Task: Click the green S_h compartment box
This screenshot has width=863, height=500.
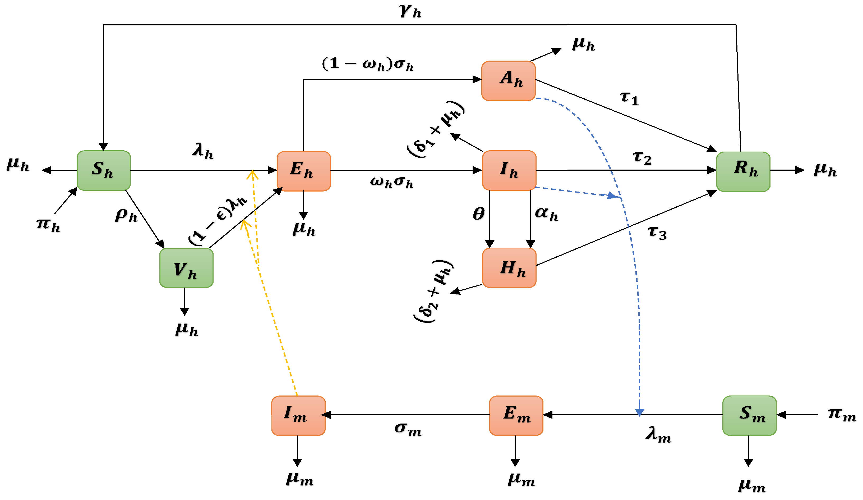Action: click(103, 170)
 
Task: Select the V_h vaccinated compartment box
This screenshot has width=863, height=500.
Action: click(186, 268)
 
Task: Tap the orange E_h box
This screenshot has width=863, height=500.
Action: click(303, 171)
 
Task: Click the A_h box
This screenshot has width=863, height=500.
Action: click(508, 81)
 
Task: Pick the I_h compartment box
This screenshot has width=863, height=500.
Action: click(509, 170)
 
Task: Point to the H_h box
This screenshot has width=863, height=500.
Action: click(509, 268)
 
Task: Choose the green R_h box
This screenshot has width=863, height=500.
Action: click(743, 171)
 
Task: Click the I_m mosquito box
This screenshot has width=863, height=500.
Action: click(298, 416)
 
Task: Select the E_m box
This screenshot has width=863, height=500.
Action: click(516, 416)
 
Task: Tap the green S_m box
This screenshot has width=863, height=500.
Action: click(749, 416)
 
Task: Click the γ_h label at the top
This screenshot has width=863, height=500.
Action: click(410, 12)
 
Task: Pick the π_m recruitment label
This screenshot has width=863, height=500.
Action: click(841, 414)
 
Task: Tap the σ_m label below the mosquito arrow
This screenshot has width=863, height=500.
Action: click(408, 429)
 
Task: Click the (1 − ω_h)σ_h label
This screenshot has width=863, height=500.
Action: click(367, 64)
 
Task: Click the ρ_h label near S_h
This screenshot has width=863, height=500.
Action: click(126, 215)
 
